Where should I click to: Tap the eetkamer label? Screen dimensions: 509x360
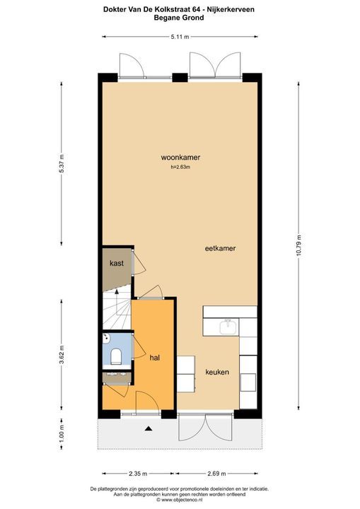point(220,249)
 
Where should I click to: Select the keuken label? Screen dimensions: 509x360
point(217,372)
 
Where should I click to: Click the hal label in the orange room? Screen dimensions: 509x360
point(155,358)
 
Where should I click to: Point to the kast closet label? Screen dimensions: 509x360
point(117,264)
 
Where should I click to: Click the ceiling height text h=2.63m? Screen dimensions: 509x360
point(180,168)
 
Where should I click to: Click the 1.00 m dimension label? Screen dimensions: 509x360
point(62,430)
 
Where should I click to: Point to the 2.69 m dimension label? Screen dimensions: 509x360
point(218,474)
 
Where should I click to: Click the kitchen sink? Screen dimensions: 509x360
point(227,327)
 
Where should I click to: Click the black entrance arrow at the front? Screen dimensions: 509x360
point(148,428)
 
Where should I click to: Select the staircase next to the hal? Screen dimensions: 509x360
point(117,312)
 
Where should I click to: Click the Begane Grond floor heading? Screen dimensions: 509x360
point(179,18)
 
